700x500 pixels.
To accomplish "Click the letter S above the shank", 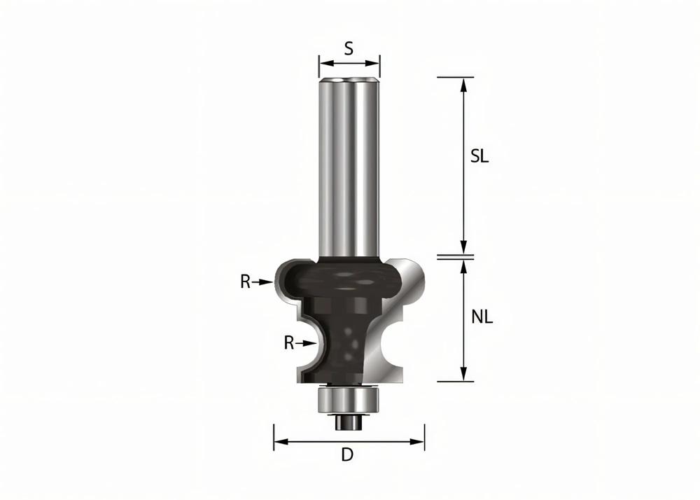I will tap(349, 48).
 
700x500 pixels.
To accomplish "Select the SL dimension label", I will tap(479, 157).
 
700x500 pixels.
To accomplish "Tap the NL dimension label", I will tap(482, 317).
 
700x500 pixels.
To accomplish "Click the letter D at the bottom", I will tap(347, 455).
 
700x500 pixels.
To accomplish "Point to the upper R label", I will tap(246, 282).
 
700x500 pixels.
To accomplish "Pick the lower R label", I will tap(288, 343).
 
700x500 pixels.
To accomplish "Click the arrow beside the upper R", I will tap(263, 282).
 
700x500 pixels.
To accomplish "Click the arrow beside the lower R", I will tap(305, 343).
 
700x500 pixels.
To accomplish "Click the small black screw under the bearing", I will tap(348, 420).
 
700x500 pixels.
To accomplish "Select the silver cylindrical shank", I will tap(348, 168).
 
